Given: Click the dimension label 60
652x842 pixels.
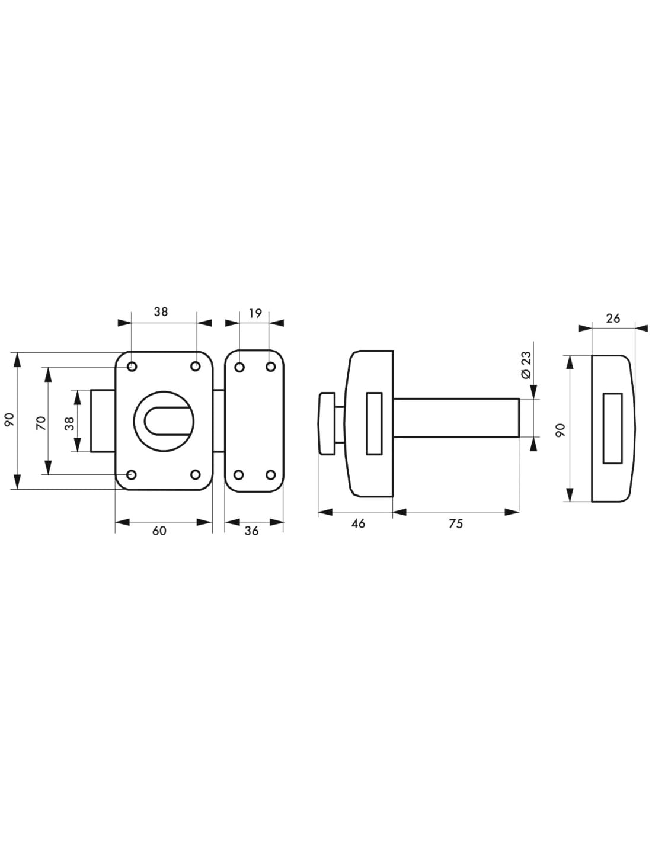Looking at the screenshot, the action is click(x=159, y=531).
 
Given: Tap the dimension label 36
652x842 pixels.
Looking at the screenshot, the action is click(x=252, y=531).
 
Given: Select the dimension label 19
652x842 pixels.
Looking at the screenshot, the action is click(x=255, y=313).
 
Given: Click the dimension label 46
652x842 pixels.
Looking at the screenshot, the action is click(x=358, y=523).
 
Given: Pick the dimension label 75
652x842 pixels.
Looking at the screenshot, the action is click(x=456, y=523).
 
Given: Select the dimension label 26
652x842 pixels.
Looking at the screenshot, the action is click(x=613, y=318).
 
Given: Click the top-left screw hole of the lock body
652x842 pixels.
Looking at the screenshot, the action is click(x=132, y=366).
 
